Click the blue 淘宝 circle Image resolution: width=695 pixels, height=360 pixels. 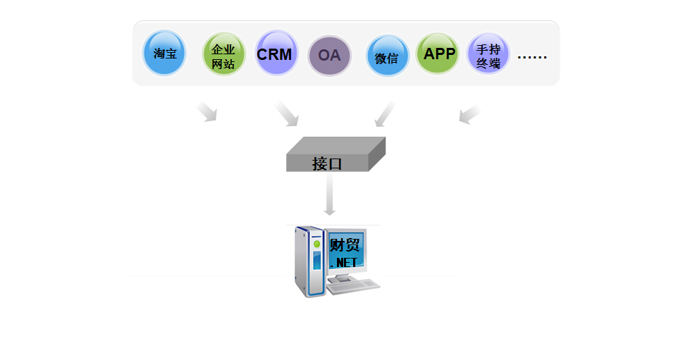click(164, 53)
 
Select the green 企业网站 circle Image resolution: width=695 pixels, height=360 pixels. click(223, 54)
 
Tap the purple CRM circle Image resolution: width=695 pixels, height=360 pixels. click(276, 53)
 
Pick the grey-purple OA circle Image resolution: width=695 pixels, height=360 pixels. click(329, 56)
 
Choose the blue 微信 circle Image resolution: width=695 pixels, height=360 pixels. click(387, 56)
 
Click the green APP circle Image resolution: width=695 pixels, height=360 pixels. click(438, 54)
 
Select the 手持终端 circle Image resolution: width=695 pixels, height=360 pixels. click(488, 54)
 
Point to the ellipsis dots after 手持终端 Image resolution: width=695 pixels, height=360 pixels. click(532, 57)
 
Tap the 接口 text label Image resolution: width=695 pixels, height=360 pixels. click(327, 164)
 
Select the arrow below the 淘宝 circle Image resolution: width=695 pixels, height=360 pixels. click(207, 111)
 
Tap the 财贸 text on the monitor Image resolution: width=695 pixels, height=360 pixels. click(345, 245)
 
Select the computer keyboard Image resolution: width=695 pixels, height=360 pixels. click(353, 285)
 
